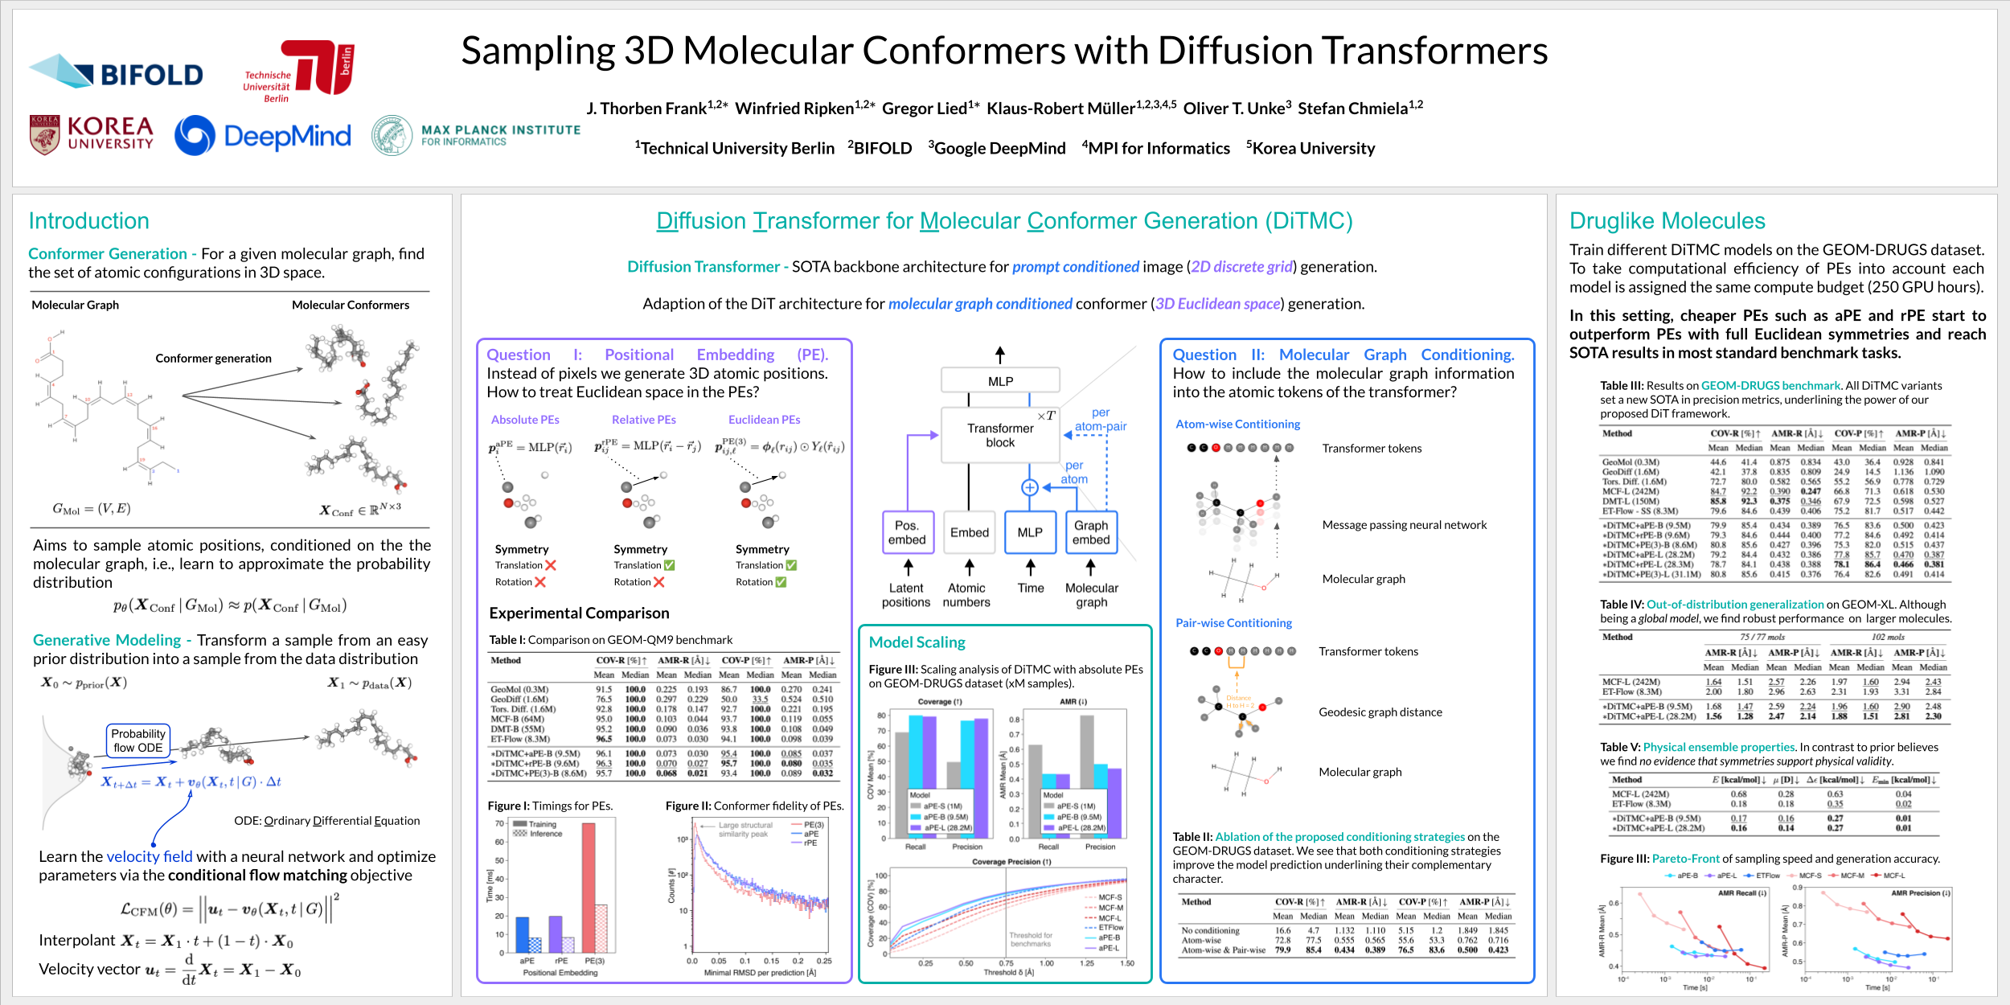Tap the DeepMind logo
coord(263,135)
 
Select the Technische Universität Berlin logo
coord(299,71)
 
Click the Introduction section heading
coord(88,221)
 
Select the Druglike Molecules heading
coord(1667,221)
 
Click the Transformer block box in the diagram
coord(1000,435)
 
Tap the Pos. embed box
coord(907,532)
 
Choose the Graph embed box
coord(1091,532)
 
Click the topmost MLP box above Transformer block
coord(1000,381)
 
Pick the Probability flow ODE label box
coord(138,740)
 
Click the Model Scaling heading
coord(917,642)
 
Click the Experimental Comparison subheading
coord(579,613)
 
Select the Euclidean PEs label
coord(764,420)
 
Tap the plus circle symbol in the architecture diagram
coord(1029,487)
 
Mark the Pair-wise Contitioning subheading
coord(1233,623)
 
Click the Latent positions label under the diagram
coord(906,595)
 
